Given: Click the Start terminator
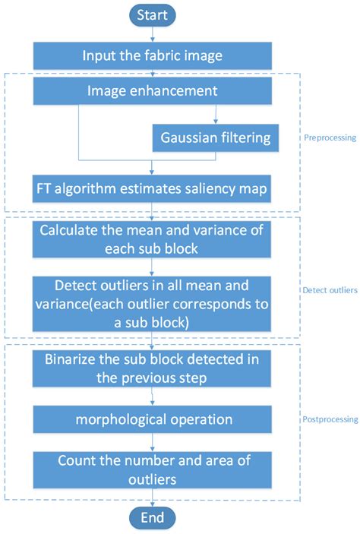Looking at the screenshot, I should (153, 14).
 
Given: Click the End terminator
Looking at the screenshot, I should (153, 518).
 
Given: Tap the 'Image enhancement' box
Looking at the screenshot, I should (153, 92).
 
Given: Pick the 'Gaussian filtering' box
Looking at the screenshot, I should (216, 137).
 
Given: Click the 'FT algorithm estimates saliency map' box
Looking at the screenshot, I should (153, 188).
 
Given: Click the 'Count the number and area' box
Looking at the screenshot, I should (153, 469).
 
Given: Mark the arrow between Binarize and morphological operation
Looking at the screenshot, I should (153, 396).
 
